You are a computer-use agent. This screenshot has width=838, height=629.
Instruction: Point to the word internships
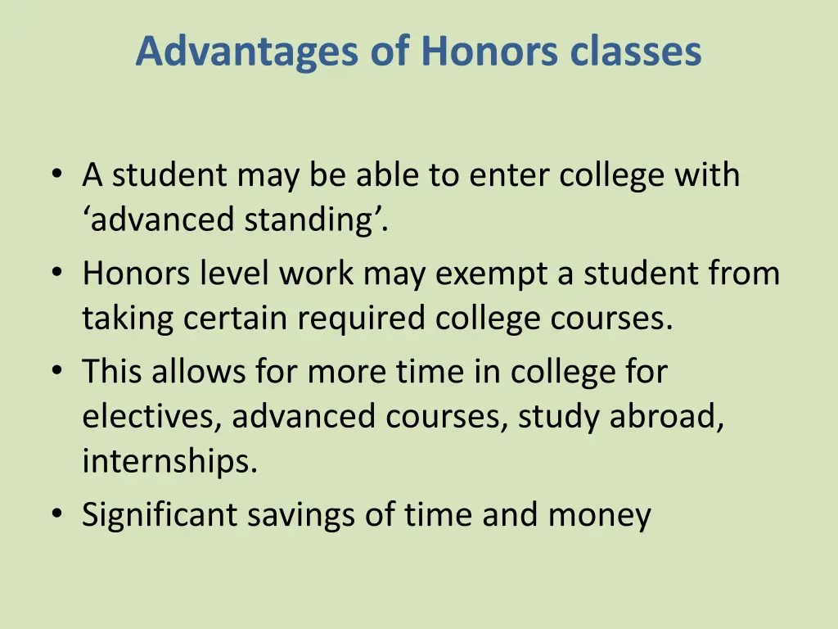169,463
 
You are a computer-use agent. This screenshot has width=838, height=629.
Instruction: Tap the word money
599,515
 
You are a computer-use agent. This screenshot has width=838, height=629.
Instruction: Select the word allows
194,372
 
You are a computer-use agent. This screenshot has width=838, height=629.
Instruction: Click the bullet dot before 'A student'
56,175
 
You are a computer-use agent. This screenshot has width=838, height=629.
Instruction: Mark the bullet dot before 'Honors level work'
56,274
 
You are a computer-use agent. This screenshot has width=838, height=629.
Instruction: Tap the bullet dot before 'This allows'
56,372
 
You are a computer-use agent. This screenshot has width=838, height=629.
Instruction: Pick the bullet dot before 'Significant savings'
56,515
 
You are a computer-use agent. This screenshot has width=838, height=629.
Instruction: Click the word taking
128,319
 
